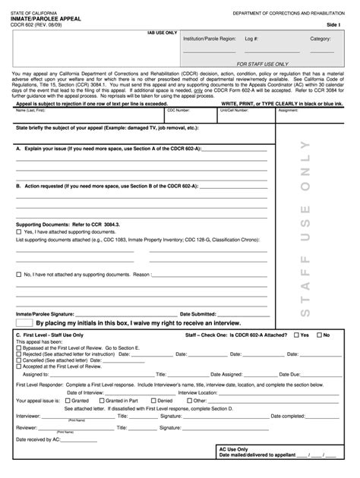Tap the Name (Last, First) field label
tap(31, 110)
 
